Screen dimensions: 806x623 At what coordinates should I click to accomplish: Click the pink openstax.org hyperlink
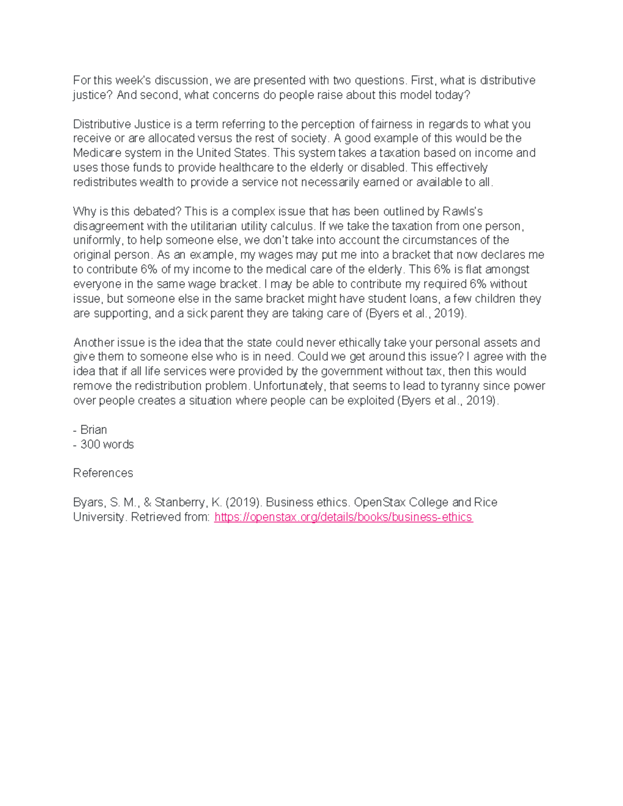(343, 517)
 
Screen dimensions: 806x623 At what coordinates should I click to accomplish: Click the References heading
(103, 473)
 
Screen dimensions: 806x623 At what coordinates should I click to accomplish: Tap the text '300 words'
(107, 444)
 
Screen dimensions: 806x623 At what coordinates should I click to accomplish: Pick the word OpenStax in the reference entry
(380, 502)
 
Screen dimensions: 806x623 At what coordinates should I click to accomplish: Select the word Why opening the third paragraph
(84, 211)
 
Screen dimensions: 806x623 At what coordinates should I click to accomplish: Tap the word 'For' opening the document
(81, 80)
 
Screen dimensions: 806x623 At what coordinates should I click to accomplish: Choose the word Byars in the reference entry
(89, 502)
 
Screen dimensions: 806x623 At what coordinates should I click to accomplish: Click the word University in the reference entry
(99, 517)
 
